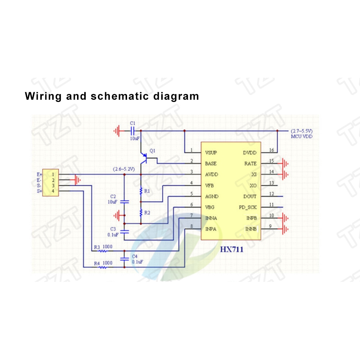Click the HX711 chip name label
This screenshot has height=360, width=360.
click(x=231, y=249)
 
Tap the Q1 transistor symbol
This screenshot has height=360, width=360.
click(x=144, y=158)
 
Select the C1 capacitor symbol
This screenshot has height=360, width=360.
click(x=132, y=131)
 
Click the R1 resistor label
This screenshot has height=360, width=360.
click(x=147, y=191)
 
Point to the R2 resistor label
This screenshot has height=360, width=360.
click(x=147, y=213)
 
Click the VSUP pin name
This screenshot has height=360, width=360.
click(x=211, y=153)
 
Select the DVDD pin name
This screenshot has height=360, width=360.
click(x=249, y=153)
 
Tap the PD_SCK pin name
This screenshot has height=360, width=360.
click(x=248, y=207)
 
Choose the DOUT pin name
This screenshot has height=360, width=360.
click(x=250, y=197)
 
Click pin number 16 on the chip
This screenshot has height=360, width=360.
click(x=271, y=150)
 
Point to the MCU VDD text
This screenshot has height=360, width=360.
click(x=302, y=136)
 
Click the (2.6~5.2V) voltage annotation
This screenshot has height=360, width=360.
click(x=124, y=169)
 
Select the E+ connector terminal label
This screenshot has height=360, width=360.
click(x=39, y=175)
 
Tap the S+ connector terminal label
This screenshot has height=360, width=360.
click(x=40, y=191)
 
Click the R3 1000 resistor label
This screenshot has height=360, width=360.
click(x=103, y=247)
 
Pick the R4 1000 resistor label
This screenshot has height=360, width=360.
click(x=103, y=263)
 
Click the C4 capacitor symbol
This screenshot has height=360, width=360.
click(x=125, y=259)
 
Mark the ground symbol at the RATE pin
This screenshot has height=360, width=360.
click(x=285, y=164)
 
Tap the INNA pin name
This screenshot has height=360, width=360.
click(x=211, y=218)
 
